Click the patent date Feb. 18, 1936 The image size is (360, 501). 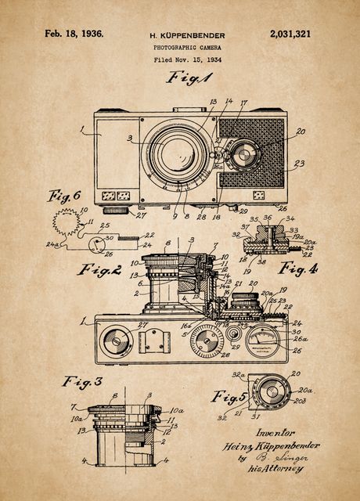(74, 34)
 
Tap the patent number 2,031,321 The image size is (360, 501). (289, 34)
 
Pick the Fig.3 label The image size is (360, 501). (82, 382)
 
